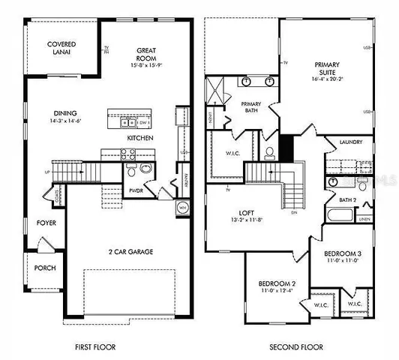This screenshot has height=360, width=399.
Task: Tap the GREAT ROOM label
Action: [145, 55]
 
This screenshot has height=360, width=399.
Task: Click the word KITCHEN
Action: [140, 139]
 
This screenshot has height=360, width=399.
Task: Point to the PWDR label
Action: [135, 190]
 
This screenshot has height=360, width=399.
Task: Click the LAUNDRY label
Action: [351, 142]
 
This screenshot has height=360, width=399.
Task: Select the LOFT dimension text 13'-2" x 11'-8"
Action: [248, 221]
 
